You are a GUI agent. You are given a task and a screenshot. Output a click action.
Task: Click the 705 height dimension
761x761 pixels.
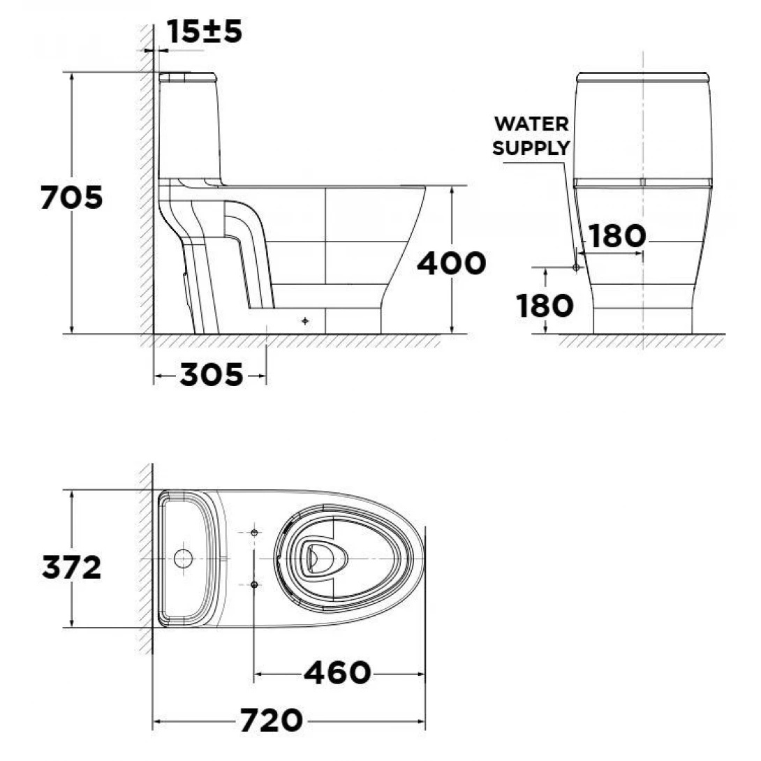71,198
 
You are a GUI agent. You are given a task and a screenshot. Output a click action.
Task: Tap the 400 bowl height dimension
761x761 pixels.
451,263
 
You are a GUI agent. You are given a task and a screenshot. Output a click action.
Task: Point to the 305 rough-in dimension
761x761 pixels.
212,376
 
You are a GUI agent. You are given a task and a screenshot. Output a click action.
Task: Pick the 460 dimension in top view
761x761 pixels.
337,673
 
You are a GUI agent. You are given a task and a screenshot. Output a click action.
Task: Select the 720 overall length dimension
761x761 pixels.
272,720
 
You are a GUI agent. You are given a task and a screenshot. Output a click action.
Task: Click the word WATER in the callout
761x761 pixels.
531,124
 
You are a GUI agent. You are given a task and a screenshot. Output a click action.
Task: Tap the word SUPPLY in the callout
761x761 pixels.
531,148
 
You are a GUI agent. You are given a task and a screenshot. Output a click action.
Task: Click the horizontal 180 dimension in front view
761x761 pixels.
616,237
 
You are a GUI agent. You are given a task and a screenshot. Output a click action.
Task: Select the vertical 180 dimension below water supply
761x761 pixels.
545,305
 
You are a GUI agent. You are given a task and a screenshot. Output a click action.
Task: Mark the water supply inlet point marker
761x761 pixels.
576,267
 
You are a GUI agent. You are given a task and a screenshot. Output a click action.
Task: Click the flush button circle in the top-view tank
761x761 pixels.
183,559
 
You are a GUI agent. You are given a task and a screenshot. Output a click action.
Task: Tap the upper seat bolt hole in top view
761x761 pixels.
254,533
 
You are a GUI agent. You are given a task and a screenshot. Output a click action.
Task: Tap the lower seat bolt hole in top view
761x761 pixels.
254,583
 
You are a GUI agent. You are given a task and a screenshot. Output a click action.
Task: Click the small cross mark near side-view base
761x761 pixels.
304,321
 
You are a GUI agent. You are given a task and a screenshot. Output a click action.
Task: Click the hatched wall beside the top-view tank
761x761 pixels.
145,559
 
